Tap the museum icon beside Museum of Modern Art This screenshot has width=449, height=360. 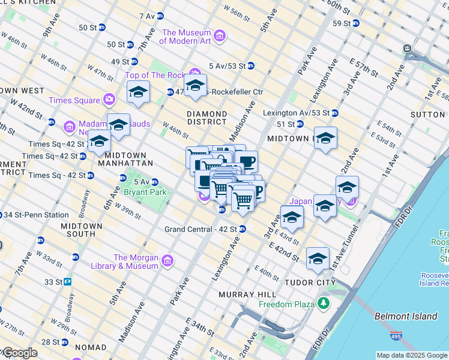point(220,37)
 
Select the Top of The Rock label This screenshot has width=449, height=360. point(155,75)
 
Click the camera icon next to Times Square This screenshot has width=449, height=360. point(109,100)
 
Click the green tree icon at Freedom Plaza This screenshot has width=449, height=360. point(324,304)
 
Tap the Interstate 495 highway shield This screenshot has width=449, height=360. point(396,338)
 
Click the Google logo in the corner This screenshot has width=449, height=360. point(19,353)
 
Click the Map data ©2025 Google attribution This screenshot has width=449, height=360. point(411,355)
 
